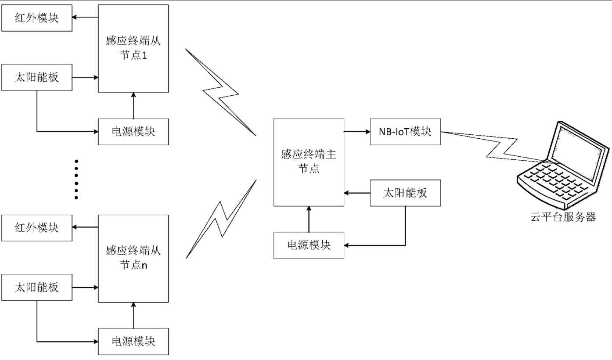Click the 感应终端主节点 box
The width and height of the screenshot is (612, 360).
pos(308,162)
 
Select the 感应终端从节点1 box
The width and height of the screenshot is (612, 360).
pos(133,48)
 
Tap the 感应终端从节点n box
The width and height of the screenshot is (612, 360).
pos(133,259)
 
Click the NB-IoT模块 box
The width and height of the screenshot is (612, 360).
pos(405,131)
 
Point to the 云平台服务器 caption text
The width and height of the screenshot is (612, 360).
pos(563,217)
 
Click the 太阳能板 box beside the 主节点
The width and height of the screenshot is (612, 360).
pos(405,193)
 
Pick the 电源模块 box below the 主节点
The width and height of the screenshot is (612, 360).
pos(309,245)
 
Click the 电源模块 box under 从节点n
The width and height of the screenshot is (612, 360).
pos(133,341)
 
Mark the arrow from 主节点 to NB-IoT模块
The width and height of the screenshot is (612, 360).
pos(356,131)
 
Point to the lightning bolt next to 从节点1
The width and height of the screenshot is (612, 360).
pos(220,93)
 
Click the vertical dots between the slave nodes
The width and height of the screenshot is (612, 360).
pos(76,179)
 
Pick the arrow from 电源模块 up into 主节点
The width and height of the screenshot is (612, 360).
pos(309,219)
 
